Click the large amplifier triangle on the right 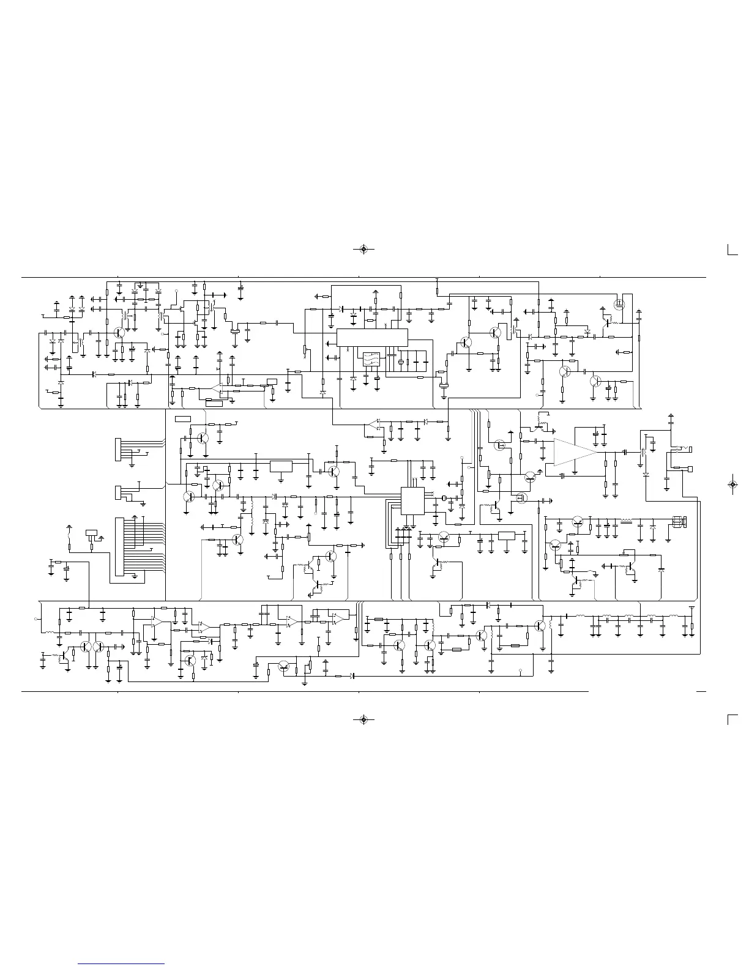coord(574,452)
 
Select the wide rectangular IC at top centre coord(372,336)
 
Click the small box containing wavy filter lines coord(371,359)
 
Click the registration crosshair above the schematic coord(364,250)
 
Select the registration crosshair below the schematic coord(364,719)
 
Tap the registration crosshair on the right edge coord(732,484)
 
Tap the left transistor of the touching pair coord(86,647)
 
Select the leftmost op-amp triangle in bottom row coord(157,622)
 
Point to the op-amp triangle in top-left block coord(215,388)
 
